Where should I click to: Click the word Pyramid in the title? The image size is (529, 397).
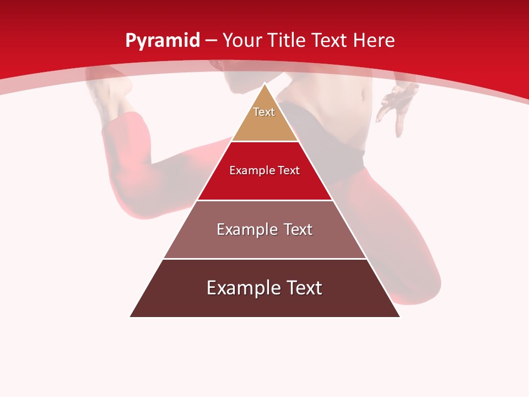tap(162, 41)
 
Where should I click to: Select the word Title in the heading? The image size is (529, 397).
tap(286, 40)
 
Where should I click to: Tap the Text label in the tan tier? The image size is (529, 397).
tap(264, 112)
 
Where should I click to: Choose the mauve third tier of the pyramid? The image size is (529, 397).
tap(264, 243)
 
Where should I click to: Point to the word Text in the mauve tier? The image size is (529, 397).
tap(296, 229)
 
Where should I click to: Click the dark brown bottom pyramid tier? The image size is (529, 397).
tap(264, 303)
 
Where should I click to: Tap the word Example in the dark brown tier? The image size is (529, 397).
tap(243, 288)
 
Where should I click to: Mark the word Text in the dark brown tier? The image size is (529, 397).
tap(303, 288)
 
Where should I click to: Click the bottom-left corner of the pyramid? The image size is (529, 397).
tap(131, 316)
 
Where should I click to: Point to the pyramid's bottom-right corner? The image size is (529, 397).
tap(400, 316)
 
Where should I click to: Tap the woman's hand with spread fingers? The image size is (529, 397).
tap(397, 102)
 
